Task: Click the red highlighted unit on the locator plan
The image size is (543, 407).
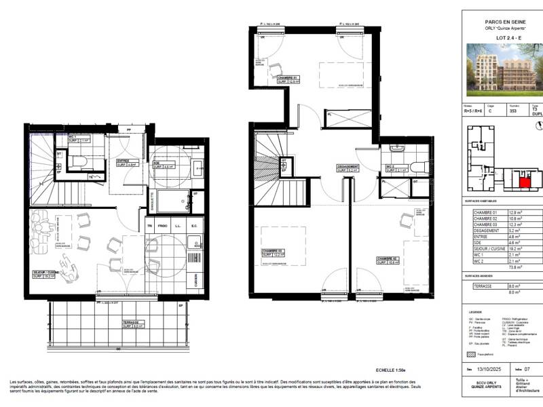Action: (524, 179)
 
